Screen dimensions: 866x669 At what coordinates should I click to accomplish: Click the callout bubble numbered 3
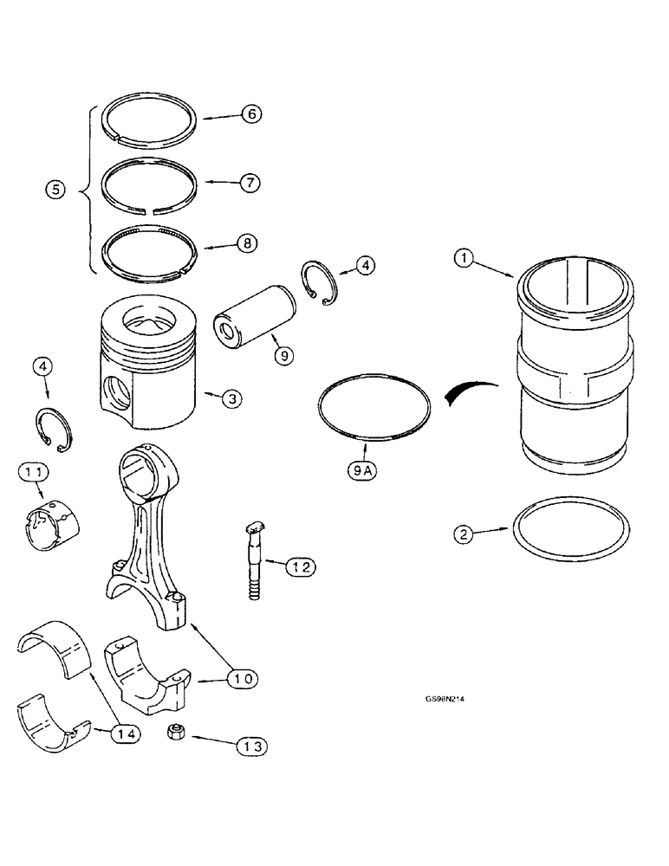click(x=231, y=399)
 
